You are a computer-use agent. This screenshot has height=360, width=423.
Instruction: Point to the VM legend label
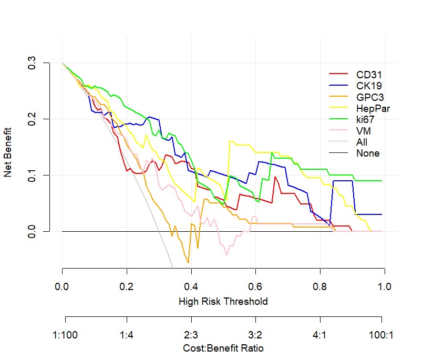(x=363, y=131)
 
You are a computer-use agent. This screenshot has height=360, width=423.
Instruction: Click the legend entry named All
(x=362, y=142)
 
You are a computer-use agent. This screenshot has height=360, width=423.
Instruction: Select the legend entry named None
(x=367, y=153)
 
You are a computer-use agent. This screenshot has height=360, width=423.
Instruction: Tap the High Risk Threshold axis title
(x=223, y=302)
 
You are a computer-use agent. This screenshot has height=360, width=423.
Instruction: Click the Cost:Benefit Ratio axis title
(x=223, y=348)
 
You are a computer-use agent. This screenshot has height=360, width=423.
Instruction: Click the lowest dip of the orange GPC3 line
(x=188, y=262)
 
